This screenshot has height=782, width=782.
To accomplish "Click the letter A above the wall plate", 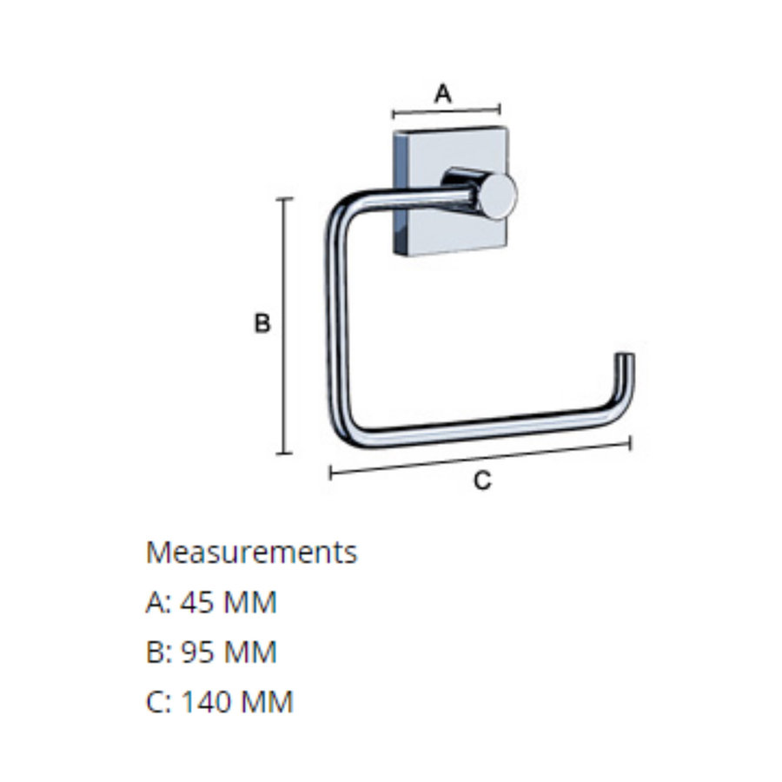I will point(443,93).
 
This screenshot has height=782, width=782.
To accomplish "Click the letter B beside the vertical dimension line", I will point(262,324).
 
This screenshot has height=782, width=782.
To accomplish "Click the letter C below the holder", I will point(482,480).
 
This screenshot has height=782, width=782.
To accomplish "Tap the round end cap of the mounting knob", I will point(499,195).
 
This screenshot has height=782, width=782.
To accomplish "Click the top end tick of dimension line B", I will point(284,199).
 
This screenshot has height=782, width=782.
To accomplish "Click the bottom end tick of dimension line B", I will point(284,453).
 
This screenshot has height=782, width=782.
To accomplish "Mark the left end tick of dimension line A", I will point(394,114).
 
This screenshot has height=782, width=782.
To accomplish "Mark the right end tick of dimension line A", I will point(500,109).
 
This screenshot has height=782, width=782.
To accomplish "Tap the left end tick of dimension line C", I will point(331,473).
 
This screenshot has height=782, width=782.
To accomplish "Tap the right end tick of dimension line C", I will point(630,443).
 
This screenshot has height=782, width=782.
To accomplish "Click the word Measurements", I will point(251,552).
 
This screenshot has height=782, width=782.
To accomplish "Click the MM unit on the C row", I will point(268,701).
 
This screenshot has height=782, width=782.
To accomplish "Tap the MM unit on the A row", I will point(251,602).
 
